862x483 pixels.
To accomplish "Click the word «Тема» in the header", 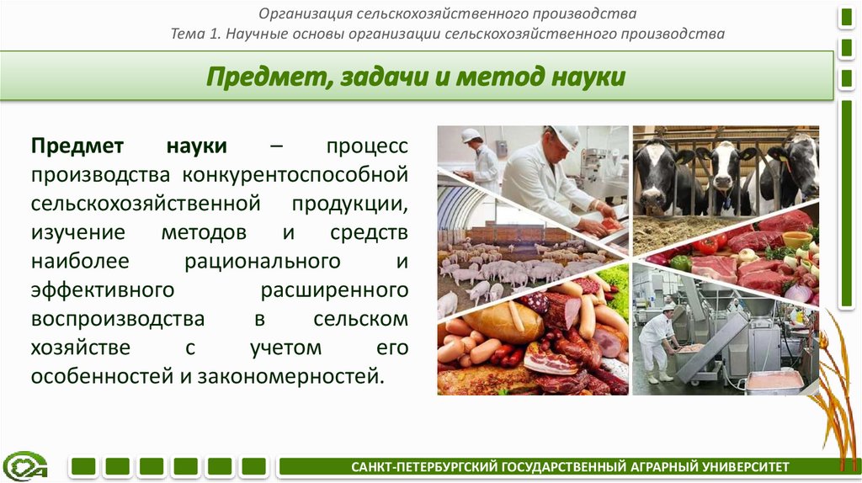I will tap(187, 34).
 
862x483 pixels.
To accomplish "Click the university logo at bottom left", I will tap(25, 465).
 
